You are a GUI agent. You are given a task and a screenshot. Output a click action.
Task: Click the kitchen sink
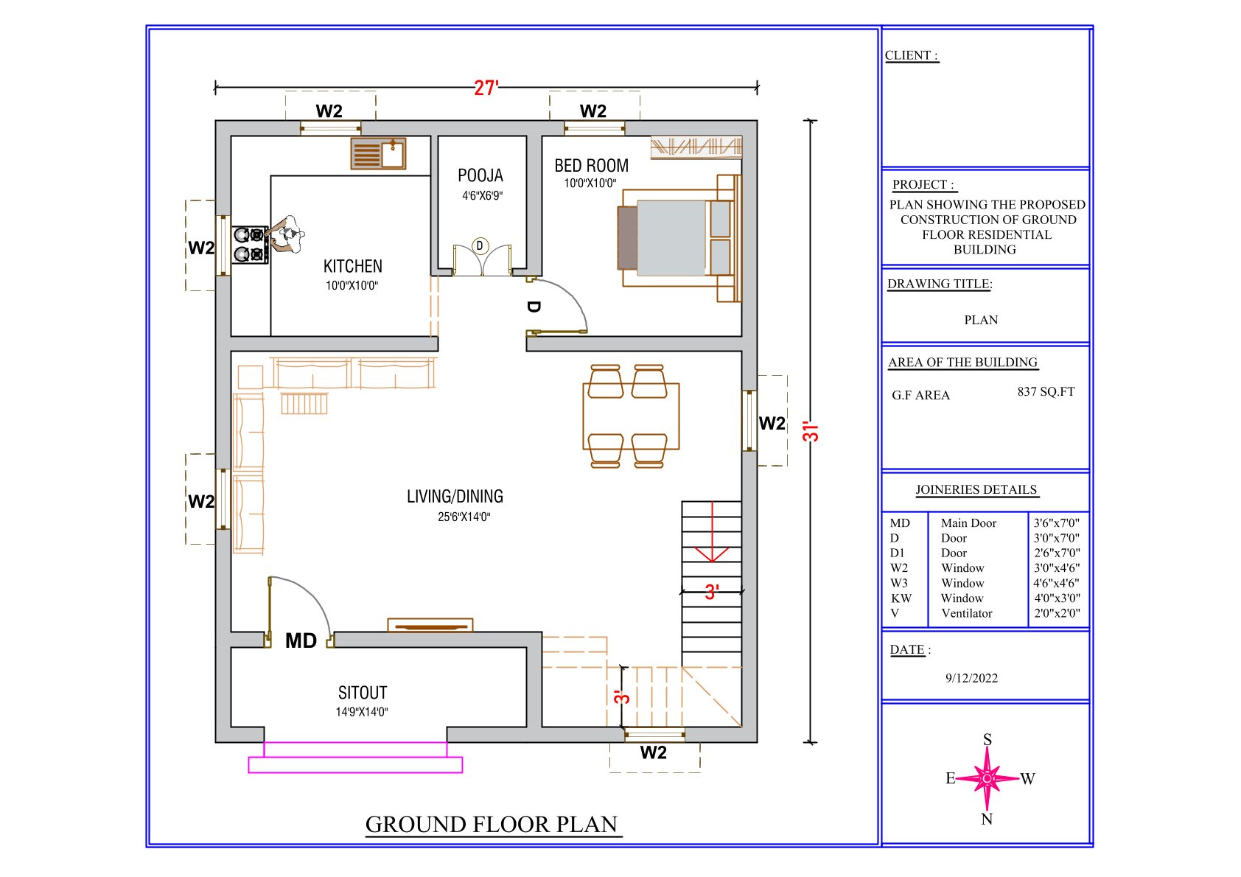(378, 153)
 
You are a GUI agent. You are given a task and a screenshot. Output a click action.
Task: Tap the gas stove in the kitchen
(250, 245)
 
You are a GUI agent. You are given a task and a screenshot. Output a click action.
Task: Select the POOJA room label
(480, 175)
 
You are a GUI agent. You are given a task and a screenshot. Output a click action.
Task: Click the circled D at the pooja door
(480, 245)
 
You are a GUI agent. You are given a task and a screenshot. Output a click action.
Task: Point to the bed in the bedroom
(679, 238)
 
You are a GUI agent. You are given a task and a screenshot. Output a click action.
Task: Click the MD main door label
(301, 641)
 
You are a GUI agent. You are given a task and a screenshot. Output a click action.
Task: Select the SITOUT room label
(363, 693)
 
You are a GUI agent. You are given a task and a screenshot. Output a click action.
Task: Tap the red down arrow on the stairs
(712, 532)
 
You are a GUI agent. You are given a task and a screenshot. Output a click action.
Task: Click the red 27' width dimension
(486, 88)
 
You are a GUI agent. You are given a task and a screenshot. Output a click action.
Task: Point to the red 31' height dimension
(811, 432)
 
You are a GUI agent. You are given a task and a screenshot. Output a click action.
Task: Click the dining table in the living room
(631, 416)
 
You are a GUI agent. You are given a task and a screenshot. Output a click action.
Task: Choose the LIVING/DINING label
(455, 497)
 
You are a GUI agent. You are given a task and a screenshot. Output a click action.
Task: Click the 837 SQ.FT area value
(1046, 391)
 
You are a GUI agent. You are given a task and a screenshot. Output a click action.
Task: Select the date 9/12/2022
(971, 678)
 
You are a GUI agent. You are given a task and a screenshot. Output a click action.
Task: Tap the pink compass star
(987, 779)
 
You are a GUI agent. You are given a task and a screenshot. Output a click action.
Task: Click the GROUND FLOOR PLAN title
(492, 825)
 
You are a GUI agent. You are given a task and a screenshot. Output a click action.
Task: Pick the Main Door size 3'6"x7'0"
(1057, 523)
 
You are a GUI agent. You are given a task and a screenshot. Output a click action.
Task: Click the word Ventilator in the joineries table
(967, 613)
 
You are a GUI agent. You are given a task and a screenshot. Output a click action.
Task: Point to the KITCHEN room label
(353, 267)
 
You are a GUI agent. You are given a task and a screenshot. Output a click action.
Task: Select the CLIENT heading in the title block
(912, 55)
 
